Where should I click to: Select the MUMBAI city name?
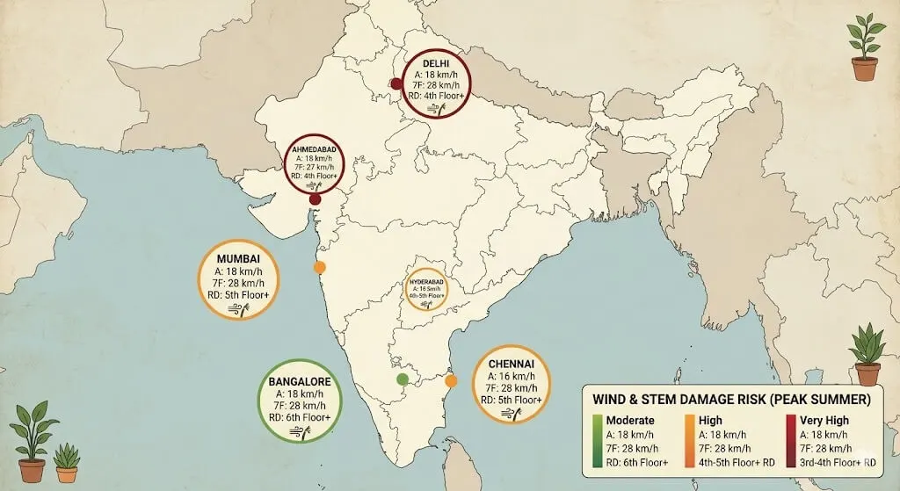(x=234, y=260)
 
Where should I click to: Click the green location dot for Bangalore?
(x=403, y=379)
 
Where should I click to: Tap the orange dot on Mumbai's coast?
(x=320, y=267)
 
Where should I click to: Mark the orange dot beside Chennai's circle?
(x=451, y=381)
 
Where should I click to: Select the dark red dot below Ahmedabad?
(x=315, y=200)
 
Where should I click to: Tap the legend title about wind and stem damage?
(x=730, y=400)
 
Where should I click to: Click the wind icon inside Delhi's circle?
(x=435, y=108)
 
